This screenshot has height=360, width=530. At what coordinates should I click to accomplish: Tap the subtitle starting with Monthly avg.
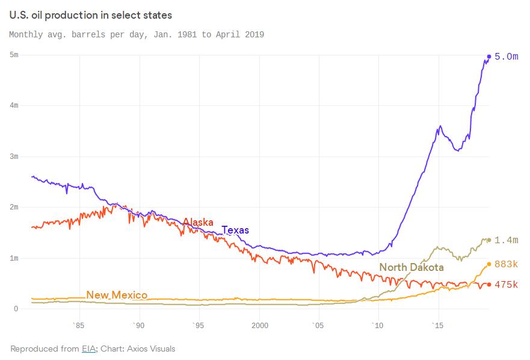click(x=137, y=34)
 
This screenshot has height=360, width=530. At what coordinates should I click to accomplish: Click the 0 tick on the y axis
click(x=16, y=309)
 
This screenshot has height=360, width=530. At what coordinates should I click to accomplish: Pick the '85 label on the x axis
click(x=78, y=325)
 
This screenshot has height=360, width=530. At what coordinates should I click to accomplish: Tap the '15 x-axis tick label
click(x=438, y=325)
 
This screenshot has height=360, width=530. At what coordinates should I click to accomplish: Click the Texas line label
click(x=235, y=230)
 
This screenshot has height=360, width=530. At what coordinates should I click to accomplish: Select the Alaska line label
click(x=198, y=222)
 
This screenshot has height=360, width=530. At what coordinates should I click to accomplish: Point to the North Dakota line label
click(x=411, y=267)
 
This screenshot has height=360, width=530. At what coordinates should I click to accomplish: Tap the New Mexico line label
click(x=117, y=295)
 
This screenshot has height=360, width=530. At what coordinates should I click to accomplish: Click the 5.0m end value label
click(x=506, y=57)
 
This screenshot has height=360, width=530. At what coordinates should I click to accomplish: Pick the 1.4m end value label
click(x=506, y=240)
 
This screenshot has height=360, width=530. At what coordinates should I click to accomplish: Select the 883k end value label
click(x=506, y=264)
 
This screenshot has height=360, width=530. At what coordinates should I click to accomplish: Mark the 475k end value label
click(x=506, y=284)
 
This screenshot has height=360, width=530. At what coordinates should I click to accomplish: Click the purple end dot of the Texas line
click(x=489, y=57)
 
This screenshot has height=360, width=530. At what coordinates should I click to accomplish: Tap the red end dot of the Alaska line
click(x=489, y=284)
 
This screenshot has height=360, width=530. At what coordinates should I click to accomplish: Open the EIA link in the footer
click(x=88, y=349)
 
